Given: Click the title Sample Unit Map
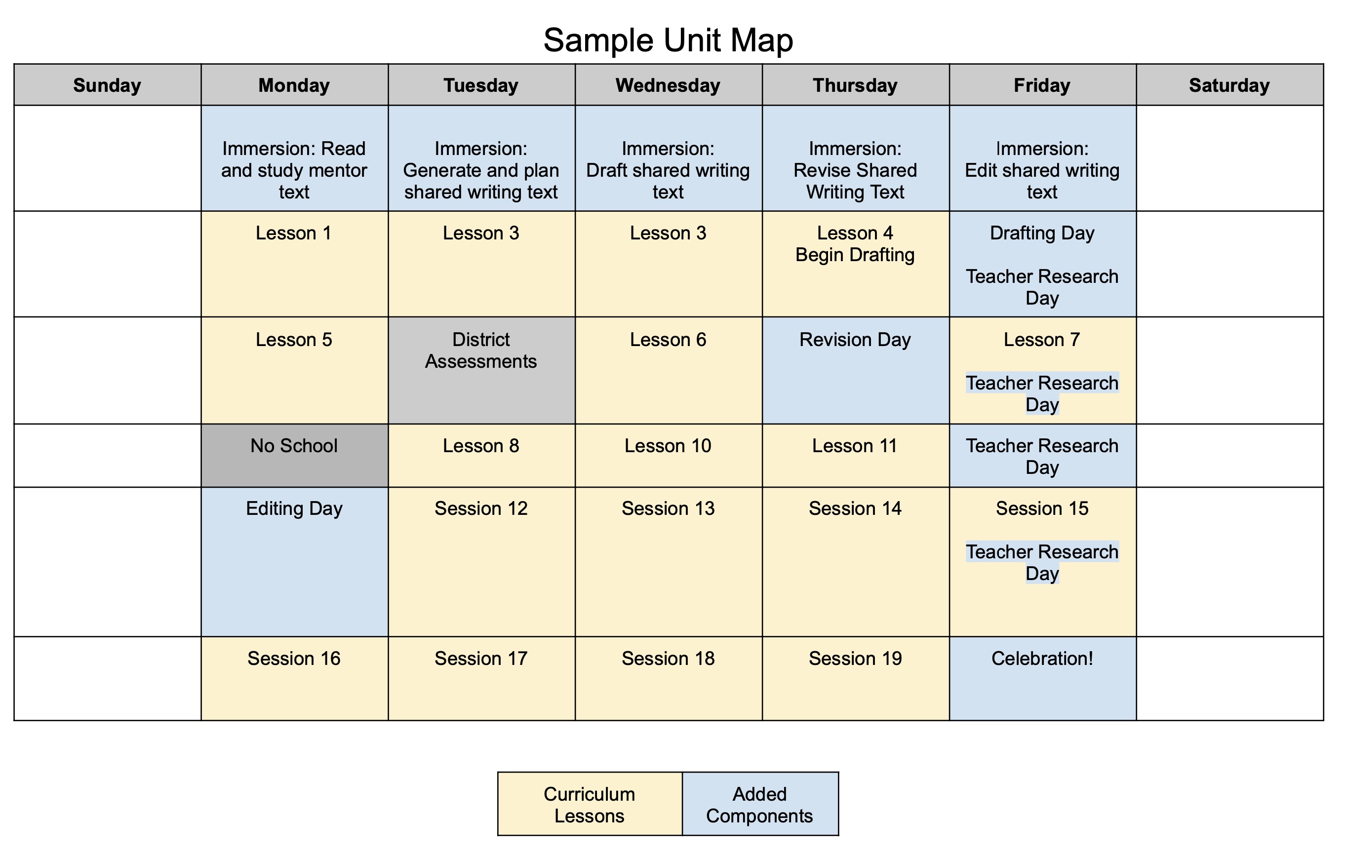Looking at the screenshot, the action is pos(668,40).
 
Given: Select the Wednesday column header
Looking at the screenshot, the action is pos(669,85).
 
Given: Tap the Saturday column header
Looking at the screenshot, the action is pos(1229,85).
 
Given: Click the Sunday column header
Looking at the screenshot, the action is pos(107,85).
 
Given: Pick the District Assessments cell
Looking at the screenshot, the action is pos(481,370).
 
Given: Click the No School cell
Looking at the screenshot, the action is pos(294,456).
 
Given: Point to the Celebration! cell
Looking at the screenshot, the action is pos(1043,679).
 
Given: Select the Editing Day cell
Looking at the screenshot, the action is pos(294,562).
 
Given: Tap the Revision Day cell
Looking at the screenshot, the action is pos(856,370).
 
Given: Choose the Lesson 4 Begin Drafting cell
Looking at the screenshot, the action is pos(856,264).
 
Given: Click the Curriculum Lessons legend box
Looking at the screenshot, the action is pos(590,804).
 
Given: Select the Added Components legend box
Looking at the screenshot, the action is pos(760,804).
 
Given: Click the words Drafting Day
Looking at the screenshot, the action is pos(1042,233).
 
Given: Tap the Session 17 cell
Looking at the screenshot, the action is pos(481,679).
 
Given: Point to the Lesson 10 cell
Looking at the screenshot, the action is pos(669,456).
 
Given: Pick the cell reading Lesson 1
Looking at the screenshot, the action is pos(294,264).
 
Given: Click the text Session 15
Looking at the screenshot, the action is pos(1042,508).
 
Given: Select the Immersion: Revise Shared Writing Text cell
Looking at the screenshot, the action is pos(856,158).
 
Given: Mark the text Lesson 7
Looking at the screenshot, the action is pos(1042,340).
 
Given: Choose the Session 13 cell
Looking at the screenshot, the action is pos(669,562).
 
